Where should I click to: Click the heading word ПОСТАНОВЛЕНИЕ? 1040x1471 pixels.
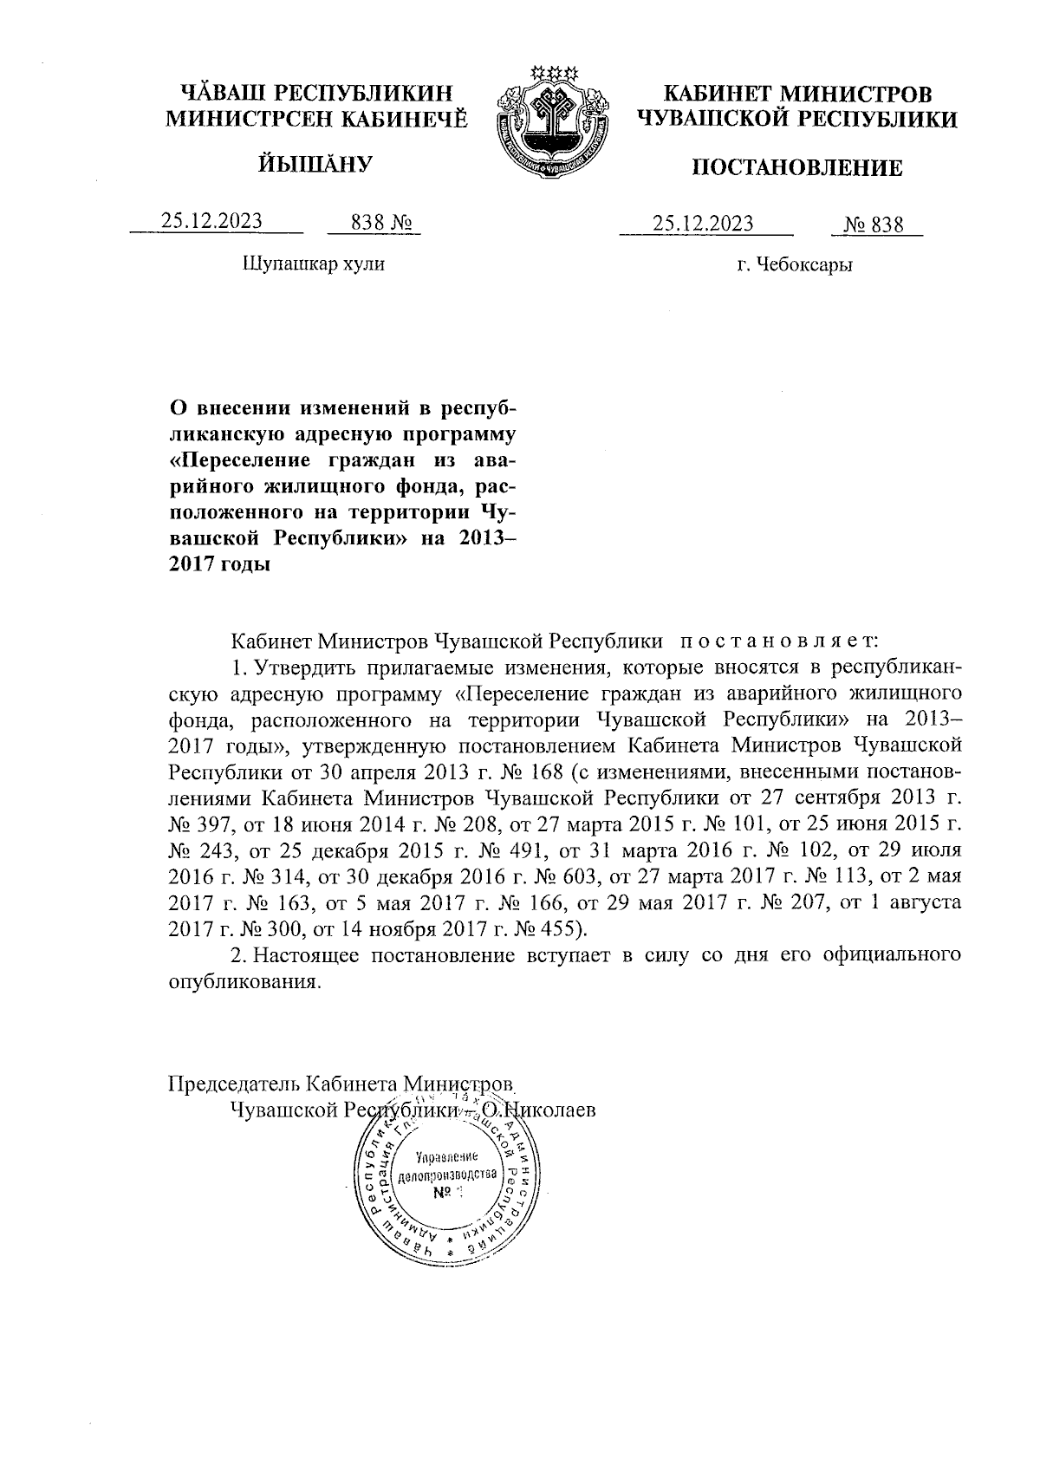[796, 168]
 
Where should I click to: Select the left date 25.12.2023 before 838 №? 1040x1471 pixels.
[211, 222]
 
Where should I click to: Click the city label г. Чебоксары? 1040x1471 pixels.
[795, 265]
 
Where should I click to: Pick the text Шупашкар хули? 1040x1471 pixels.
[313, 264]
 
